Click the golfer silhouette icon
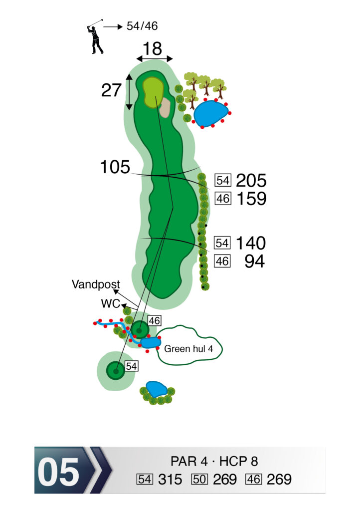coord(95,37)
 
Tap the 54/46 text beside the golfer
coord(142,26)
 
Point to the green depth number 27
coord(111,90)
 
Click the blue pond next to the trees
coord(210,113)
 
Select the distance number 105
coord(115,167)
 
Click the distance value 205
coord(251,181)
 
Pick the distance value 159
coord(251,199)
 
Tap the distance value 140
coord(251,243)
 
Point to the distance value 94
coord(254,261)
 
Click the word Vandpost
coord(96,285)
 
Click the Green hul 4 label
coord(188,349)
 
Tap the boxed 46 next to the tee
coord(155,321)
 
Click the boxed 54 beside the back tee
coord(132,366)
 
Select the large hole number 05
coord(58,472)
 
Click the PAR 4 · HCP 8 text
coord(214,461)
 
